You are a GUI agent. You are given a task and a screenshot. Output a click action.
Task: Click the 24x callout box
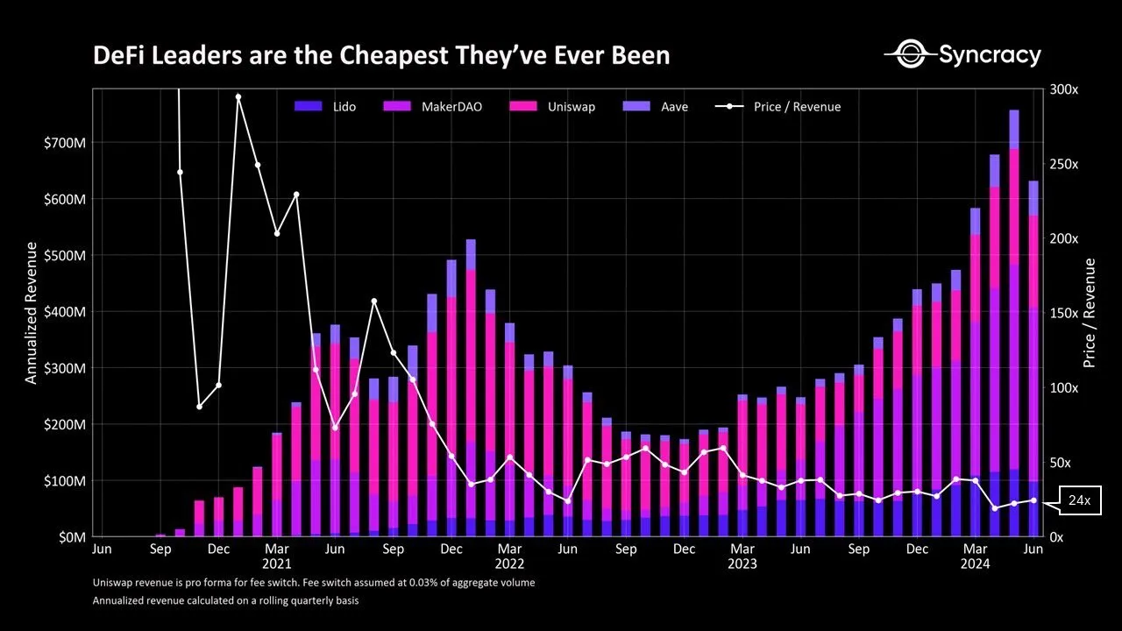coord(1079,500)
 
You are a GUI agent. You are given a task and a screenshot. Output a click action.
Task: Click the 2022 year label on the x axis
coord(509,564)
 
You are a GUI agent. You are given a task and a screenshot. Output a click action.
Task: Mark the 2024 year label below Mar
coord(975,564)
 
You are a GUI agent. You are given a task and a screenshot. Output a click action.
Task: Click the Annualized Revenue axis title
coord(32,313)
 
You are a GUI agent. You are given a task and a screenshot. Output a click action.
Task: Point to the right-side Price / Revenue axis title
coord(1090,313)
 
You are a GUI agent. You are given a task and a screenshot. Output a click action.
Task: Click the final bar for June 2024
coord(1033,358)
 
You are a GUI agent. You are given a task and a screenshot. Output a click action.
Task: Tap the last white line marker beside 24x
coord(1033,500)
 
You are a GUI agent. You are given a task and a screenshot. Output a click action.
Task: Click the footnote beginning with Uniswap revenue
coord(313,583)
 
